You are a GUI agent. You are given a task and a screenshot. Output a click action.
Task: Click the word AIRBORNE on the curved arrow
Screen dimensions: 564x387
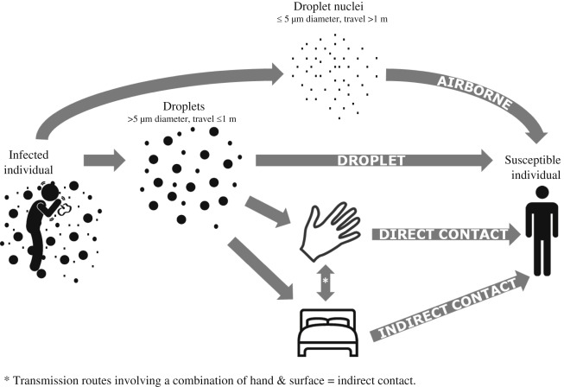click(474, 92)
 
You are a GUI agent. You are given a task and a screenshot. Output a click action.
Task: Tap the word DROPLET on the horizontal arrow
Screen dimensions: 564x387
click(371, 161)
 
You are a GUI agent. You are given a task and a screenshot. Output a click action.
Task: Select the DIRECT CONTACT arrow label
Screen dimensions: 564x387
click(443, 234)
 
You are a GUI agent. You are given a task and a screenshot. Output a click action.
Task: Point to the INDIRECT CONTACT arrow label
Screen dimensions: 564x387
click(447, 309)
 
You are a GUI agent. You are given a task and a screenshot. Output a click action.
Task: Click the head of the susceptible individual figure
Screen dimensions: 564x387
click(542, 193)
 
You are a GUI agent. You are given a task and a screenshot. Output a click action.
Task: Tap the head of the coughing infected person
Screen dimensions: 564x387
click(50, 192)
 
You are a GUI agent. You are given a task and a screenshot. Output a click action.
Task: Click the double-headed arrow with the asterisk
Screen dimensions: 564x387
click(326, 282)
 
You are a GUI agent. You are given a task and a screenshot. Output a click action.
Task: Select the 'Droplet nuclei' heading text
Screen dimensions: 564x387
click(328, 6)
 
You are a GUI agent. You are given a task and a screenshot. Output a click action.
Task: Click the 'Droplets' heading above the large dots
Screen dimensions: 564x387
click(184, 106)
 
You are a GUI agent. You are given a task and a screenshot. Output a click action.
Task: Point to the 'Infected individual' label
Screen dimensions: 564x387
click(29, 162)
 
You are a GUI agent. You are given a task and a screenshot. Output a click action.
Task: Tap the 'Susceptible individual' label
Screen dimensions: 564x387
click(533, 168)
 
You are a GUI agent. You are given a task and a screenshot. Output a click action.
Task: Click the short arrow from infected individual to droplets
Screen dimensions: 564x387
click(105, 161)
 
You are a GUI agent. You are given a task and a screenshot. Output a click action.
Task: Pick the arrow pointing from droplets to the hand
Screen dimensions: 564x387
click(268, 213)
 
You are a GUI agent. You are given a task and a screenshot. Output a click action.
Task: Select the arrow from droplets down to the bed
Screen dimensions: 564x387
click(261, 269)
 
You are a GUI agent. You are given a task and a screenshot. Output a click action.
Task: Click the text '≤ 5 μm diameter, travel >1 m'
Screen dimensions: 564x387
click(332, 19)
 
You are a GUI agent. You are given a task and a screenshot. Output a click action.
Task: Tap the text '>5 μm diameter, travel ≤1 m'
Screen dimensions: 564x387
click(181, 119)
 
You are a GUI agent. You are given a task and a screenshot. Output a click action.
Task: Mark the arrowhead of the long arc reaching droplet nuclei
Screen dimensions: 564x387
click(278, 74)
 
